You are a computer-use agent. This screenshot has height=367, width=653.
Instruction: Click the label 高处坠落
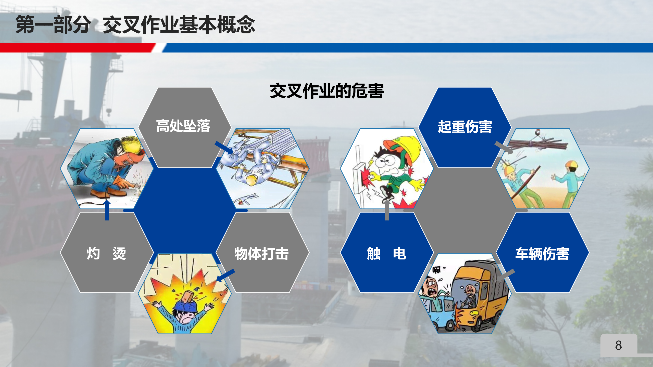click(x=183, y=126)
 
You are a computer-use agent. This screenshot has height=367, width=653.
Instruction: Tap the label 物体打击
click(x=261, y=254)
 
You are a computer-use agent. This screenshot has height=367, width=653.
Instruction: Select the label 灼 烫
click(x=106, y=254)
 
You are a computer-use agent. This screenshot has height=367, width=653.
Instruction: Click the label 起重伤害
click(x=465, y=127)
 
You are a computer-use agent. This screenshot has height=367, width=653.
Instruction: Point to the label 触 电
click(x=386, y=254)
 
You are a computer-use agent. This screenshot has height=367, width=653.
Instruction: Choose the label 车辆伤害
click(x=542, y=254)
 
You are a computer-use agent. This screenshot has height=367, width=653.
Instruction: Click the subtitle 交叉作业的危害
click(x=327, y=91)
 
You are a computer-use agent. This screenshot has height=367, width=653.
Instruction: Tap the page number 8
click(x=619, y=345)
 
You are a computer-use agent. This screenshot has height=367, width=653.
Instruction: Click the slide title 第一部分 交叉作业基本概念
click(x=135, y=24)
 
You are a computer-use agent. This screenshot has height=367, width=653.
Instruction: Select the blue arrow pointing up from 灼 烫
click(x=107, y=210)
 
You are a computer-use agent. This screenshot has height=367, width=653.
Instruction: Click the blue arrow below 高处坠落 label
click(x=224, y=148)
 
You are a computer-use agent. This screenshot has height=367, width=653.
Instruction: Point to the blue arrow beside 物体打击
click(x=225, y=275)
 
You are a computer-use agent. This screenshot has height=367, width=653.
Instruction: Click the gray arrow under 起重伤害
click(x=504, y=148)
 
